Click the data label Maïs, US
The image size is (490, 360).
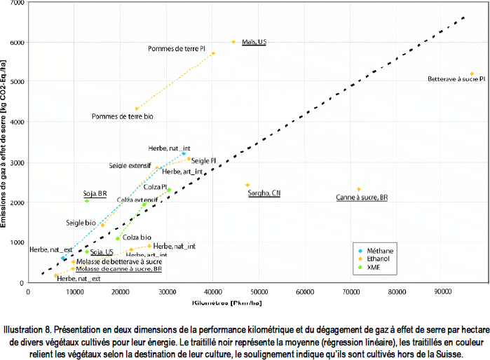254,42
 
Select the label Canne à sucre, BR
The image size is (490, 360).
362,198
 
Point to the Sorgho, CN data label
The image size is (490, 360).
264,193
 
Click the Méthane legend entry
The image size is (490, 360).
381,249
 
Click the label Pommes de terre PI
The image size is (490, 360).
176,49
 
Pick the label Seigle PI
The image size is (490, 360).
203,160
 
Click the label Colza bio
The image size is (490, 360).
137,237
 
